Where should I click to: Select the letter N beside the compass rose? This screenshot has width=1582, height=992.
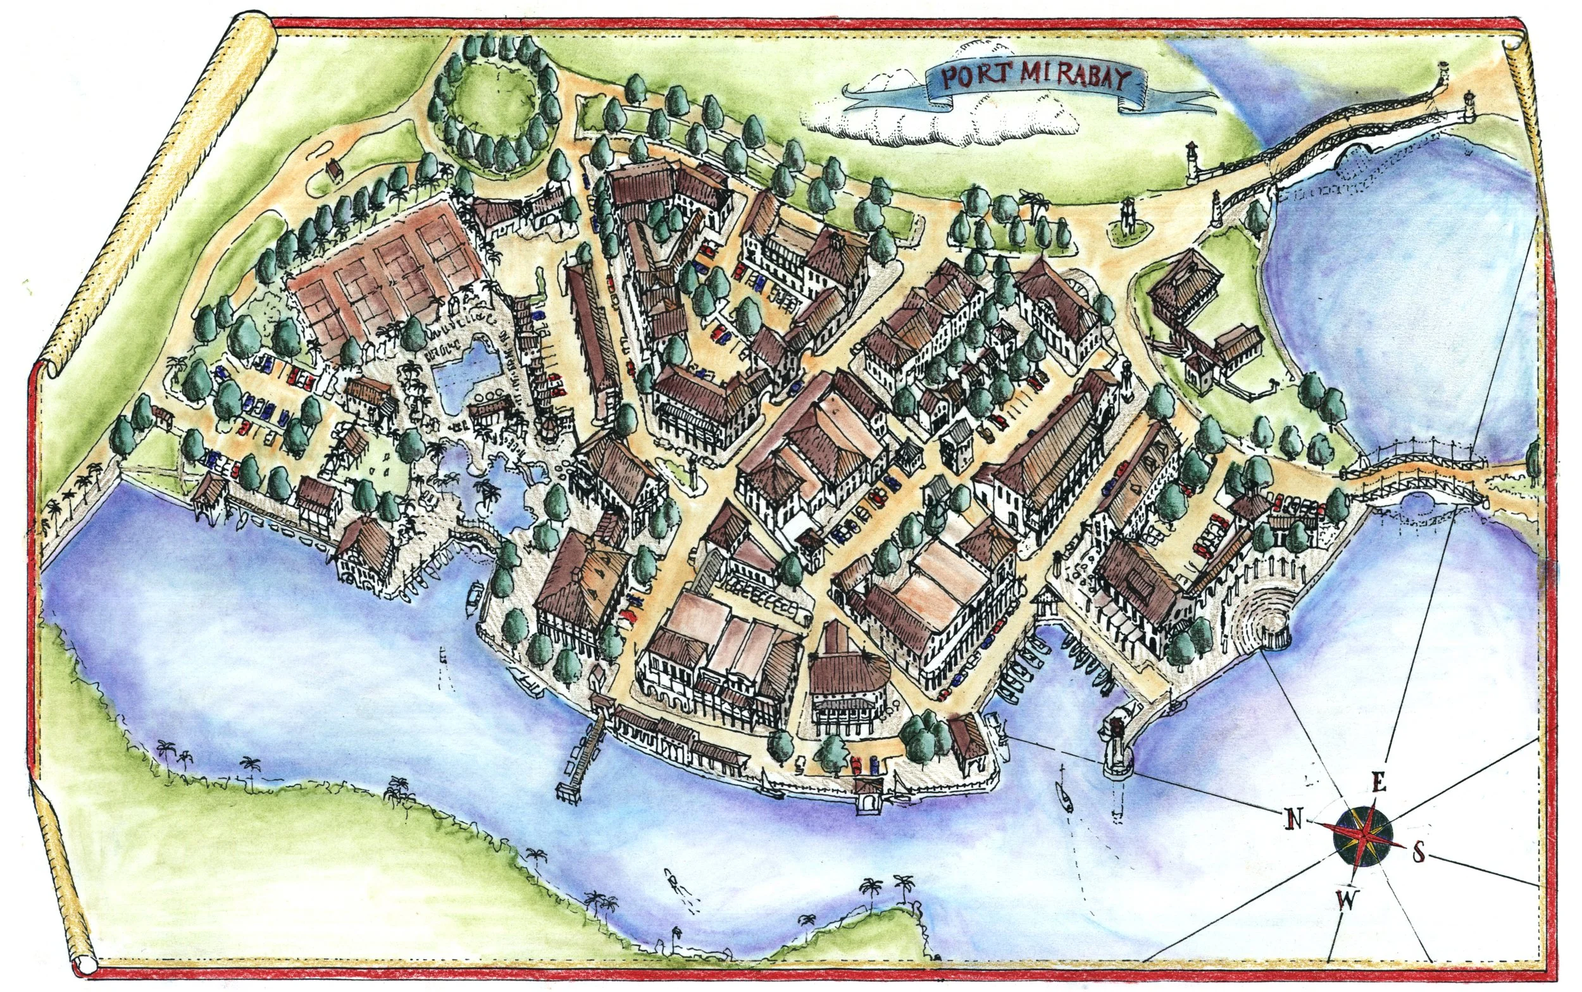point(1292,819)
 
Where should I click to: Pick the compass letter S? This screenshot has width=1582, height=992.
point(1418,853)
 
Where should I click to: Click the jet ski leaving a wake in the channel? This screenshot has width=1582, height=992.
point(671,877)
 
